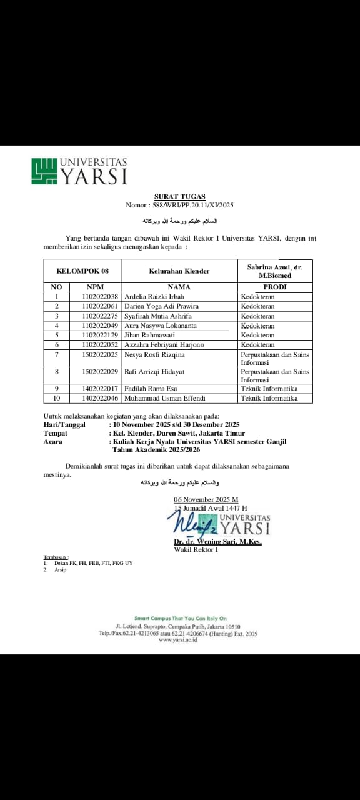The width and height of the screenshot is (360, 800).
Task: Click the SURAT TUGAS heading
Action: coord(180,197)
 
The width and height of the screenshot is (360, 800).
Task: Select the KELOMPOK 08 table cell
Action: coord(82,271)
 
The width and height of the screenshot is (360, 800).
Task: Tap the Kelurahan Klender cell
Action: coord(179,271)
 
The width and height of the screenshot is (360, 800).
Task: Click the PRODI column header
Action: coord(274,287)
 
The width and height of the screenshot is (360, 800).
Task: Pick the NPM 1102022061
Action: coord(100,306)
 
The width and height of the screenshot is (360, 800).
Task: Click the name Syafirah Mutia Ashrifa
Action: coord(154,316)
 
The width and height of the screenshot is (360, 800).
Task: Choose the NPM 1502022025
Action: coord(100,355)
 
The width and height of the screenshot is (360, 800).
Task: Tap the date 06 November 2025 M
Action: coord(206,499)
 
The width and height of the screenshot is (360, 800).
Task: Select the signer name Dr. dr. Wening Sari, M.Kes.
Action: coord(217,542)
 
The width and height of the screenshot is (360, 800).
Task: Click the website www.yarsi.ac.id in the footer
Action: coord(178,640)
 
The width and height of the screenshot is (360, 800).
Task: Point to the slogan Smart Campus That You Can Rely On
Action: coord(180,618)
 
